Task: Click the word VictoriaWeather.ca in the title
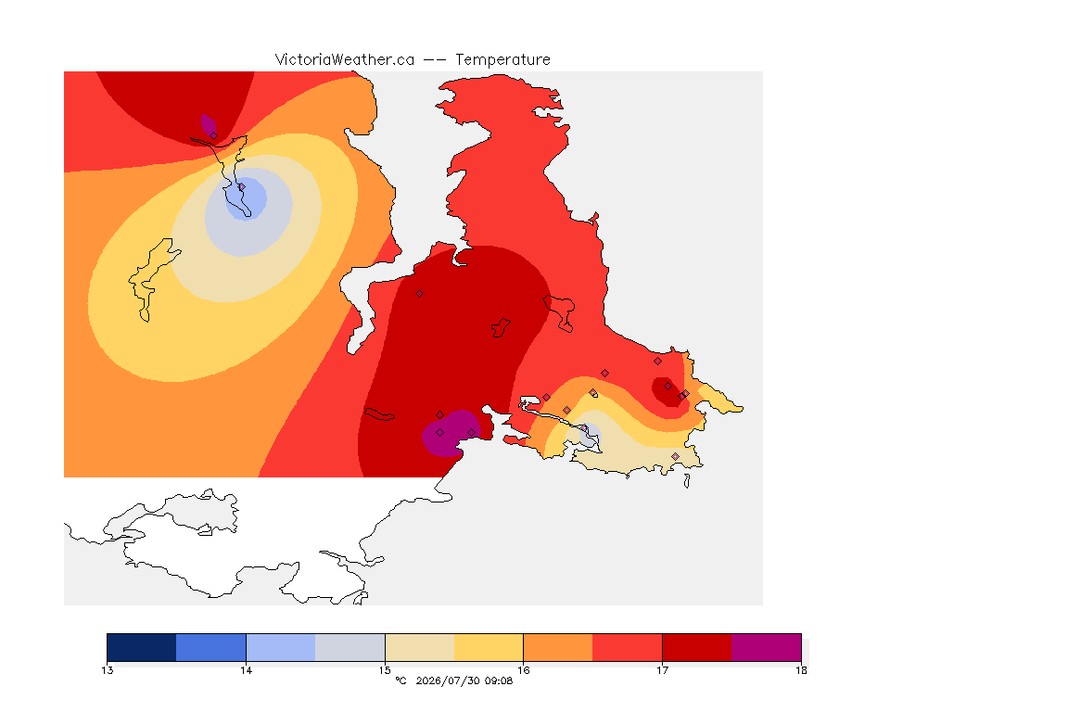(x=345, y=60)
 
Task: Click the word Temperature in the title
(x=502, y=60)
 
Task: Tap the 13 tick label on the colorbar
(x=107, y=670)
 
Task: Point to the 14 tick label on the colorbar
(x=246, y=670)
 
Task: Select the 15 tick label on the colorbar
(x=385, y=670)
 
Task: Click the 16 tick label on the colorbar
(x=523, y=670)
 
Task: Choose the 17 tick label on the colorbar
(x=662, y=670)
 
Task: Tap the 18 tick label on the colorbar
(x=801, y=670)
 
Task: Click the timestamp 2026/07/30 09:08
(x=464, y=680)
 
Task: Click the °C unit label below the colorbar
(x=400, y=680)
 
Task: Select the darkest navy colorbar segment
(x=142, y=647)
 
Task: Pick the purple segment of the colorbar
(x=767, y=647)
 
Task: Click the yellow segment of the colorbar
(x=489, y=647)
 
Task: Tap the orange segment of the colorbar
(x=558, y=647)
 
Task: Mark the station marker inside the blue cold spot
(x=241, y=186)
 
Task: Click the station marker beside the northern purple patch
(x=214, y=135)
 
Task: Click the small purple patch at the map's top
(x=209, y=125)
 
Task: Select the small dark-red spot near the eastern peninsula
(x=667, y=391)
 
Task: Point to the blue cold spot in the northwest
(x=246, y=199)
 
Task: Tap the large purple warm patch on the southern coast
(x=451, y=433)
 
